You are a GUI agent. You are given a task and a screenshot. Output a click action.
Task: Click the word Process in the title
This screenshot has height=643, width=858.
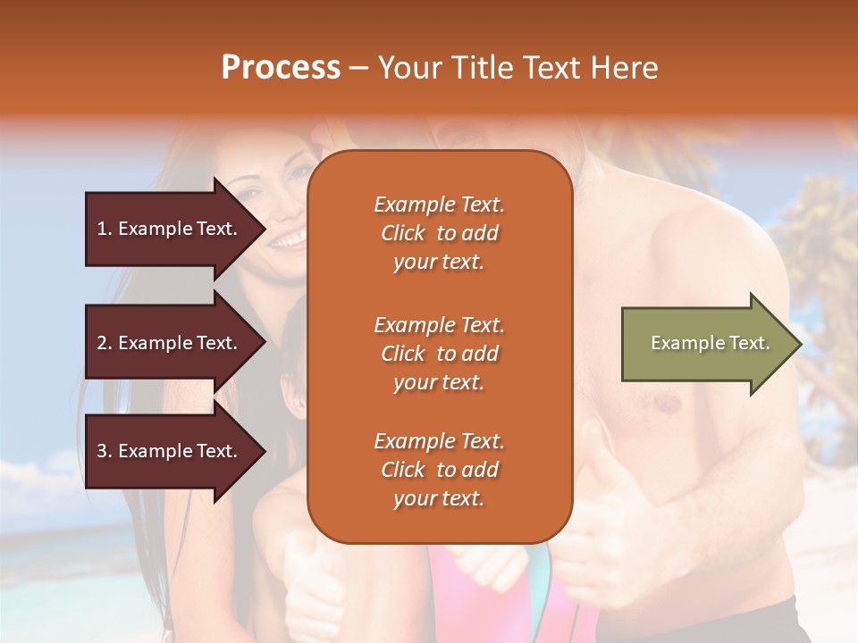[x=281, y=68]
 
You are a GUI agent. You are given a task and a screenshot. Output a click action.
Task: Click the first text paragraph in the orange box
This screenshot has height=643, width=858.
[x=439, y=233]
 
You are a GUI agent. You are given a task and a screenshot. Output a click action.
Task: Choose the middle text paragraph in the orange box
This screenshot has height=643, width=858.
[x=439, y=354]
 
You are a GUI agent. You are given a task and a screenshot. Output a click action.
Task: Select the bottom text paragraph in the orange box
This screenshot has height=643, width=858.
[x=439, y=470]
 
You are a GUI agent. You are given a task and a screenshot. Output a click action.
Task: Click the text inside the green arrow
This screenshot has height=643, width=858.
[x=710, y=343]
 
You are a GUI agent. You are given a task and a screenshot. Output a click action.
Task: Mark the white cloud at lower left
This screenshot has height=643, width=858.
[x=36, y=482]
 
